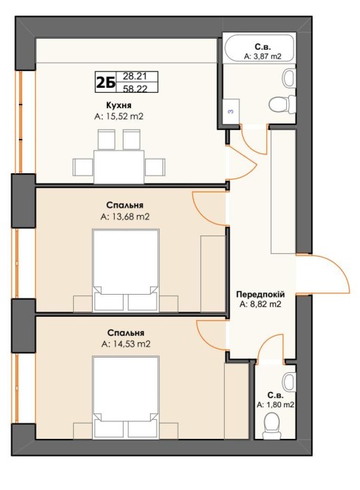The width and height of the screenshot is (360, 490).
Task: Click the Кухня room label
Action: (119, 105)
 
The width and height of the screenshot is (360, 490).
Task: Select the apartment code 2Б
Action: (105, 83)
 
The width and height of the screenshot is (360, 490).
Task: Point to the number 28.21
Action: (135, 76)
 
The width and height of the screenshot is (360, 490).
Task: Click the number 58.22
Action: (135, 88)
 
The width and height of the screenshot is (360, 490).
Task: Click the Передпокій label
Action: (260, 295)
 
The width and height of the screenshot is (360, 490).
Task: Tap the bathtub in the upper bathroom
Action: (260, 47)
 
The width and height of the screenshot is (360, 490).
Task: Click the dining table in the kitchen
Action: (119, 167)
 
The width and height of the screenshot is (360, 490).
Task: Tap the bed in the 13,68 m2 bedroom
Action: (126, 271)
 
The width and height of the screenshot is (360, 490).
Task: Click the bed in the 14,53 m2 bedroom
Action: (126, 397)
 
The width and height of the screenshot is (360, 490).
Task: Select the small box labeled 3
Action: (231, 112)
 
